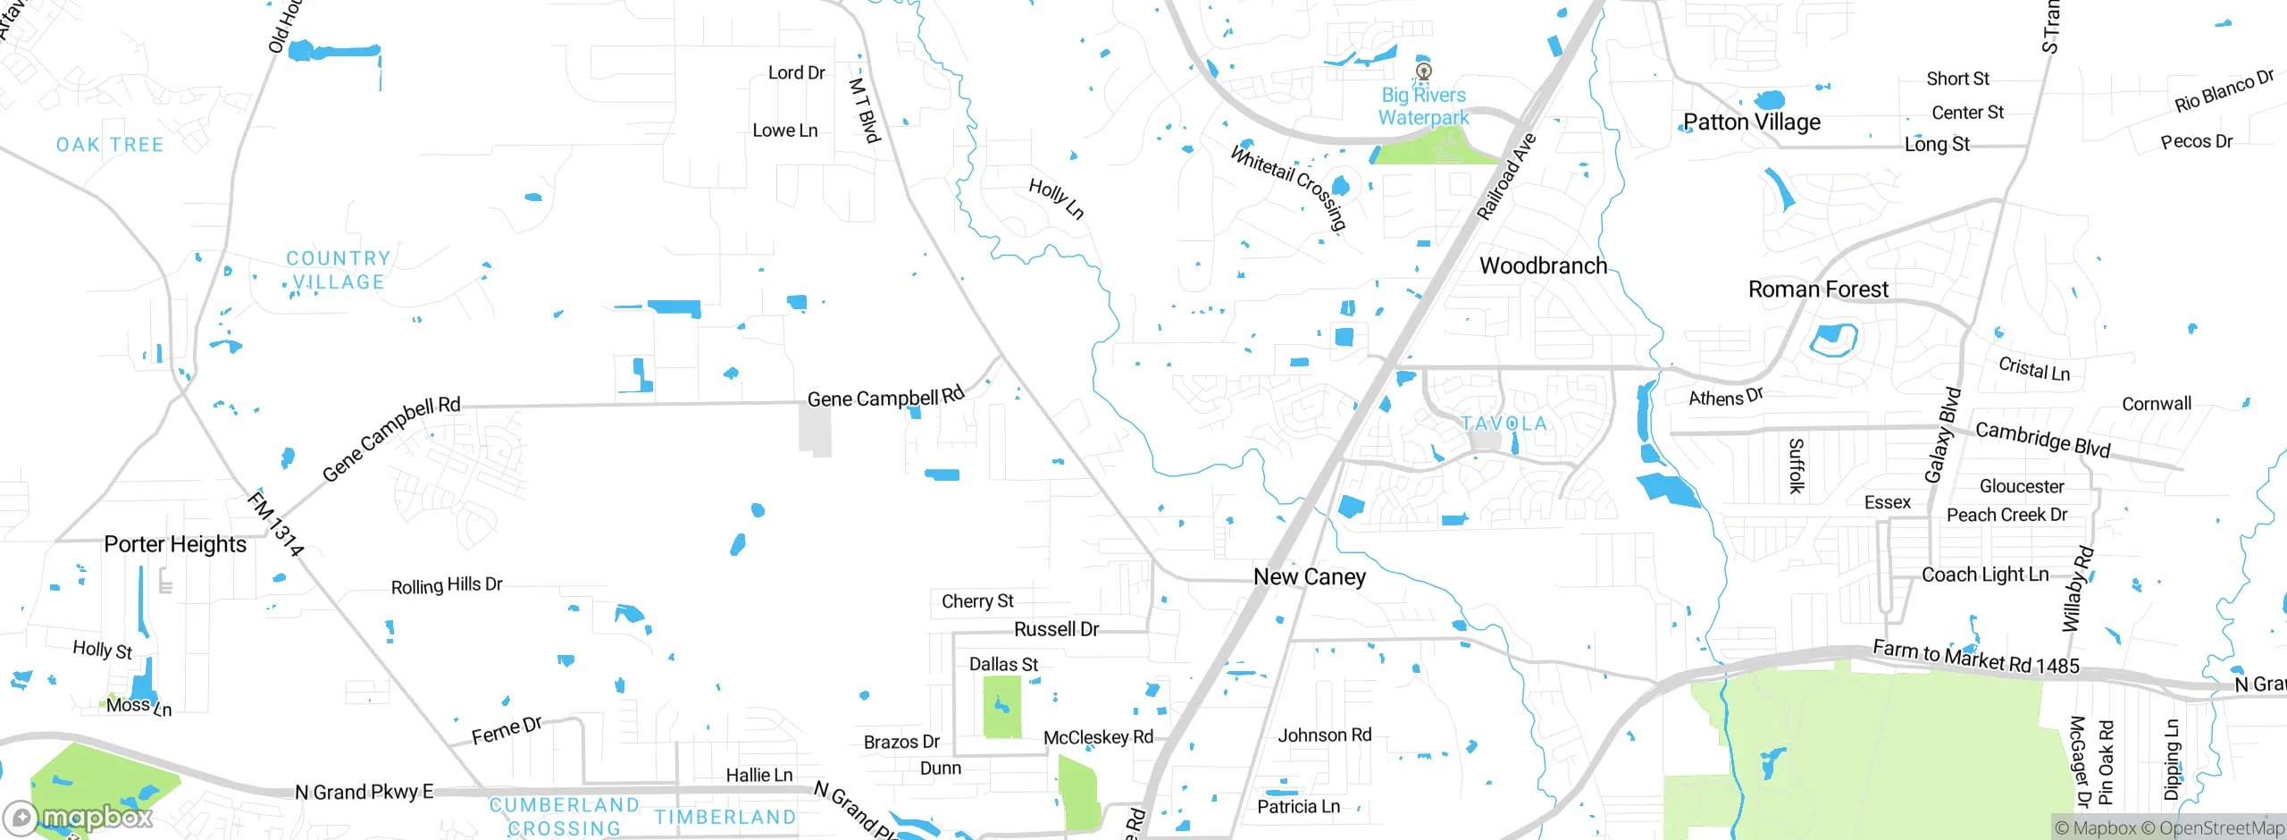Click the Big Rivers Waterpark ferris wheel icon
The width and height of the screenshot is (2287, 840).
tap(1424, 71)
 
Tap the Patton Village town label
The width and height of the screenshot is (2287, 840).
tap(1751, 122)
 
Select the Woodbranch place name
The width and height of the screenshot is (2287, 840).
tap(1543, 265)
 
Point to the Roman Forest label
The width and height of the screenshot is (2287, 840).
tap(1818, 290)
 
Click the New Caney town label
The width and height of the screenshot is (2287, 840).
tap(1310, 577)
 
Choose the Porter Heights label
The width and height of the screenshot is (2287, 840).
tap(175, 544)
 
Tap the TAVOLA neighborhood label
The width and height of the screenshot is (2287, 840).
tap(1504, 424)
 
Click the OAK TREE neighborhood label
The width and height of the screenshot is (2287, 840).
tap(110, 145)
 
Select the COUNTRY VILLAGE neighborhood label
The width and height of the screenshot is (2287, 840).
tap(338, 270)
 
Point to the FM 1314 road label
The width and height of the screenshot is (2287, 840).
tap(275, 524)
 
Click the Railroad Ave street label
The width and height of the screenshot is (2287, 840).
tap(1506, 177)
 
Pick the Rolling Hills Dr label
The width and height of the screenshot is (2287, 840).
tap(447, 586)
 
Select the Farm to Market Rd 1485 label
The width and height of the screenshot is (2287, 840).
tap(1975, 657)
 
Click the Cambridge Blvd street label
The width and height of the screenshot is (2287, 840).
tap(2042, 439)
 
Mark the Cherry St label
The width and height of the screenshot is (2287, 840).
tap(977, 601)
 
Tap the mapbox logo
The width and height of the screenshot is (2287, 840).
tap(79, 818)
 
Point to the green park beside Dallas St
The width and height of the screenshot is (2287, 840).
tap(1001, 707)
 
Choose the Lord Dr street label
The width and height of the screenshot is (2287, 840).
tap(796, 72)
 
